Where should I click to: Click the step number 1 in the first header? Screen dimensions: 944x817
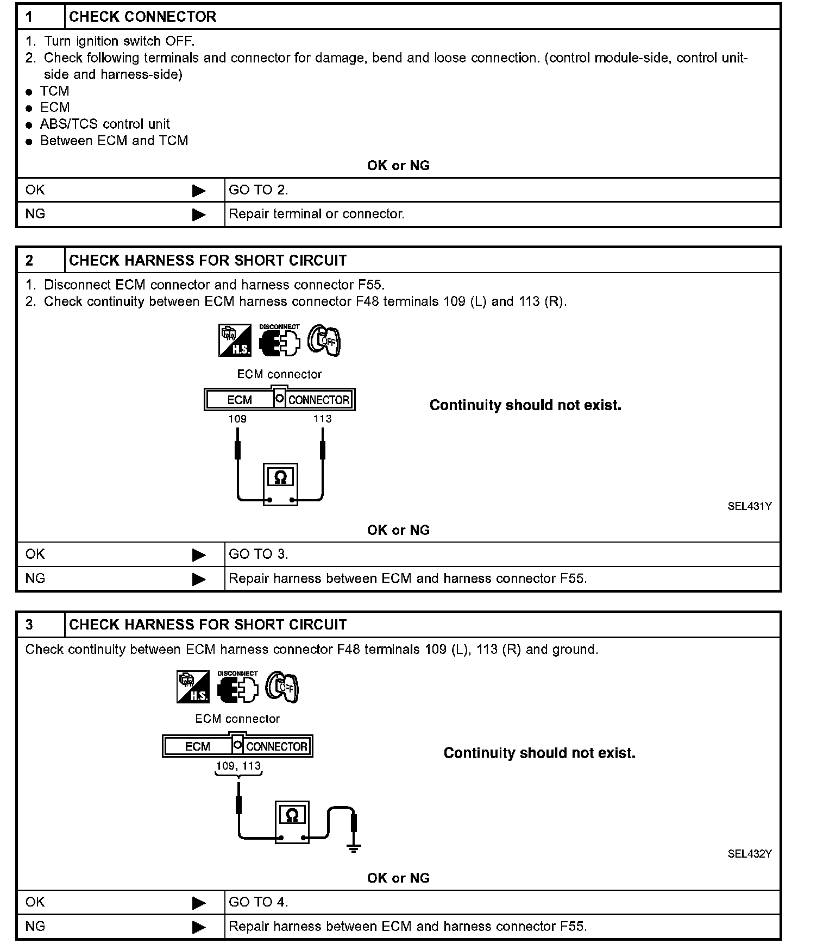click(x=29, y=17)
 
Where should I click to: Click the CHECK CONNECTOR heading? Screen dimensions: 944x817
click(x=142, y=17)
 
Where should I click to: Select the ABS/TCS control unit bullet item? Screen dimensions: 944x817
click(x=105, y=124)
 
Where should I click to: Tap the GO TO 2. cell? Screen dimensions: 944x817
click(x=259, y=190)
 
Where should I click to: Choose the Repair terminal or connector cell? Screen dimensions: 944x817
click(x=317, y=214)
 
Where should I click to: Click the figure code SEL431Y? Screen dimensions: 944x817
click(x=750, y=506)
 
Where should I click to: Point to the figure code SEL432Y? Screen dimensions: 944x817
click(x=750, y=854)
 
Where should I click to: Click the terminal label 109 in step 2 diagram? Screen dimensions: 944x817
click(x=237, y=419)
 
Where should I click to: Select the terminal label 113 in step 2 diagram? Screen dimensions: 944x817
click(x=322, y=419)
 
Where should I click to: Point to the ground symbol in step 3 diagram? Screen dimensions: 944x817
click(x=354, y=848)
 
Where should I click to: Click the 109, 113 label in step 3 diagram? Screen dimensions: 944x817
click(x=238, y=766)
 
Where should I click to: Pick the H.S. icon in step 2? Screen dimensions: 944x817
click(x=235, y=341)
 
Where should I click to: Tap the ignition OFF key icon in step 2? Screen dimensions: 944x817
click(x=324, y=341)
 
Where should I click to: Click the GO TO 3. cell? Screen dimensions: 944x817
click(x=259, y=555)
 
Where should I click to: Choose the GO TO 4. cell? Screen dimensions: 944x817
click(x=259, y=902)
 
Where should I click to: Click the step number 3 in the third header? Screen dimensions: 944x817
click(x=29, y=625)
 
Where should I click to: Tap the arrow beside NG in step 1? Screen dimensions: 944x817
click(x=199, y=215)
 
